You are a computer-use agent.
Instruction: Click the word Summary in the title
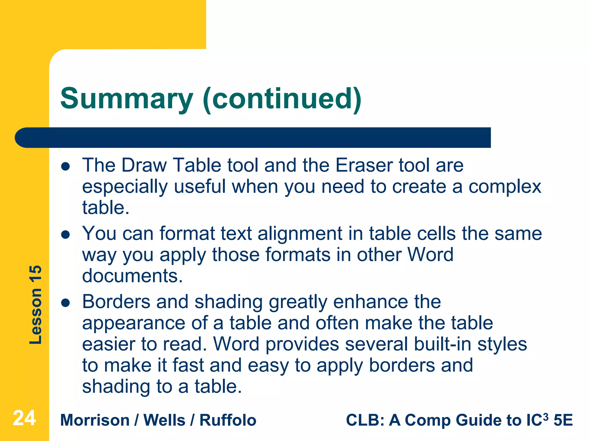click(127, 99)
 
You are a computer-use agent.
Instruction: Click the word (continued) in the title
click(282, 99)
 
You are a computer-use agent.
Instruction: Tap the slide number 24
click(24, 418)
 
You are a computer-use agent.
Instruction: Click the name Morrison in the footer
click(95, 420)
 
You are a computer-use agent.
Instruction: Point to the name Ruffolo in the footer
click(228, 420)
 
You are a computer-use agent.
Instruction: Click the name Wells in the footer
click(164, 420)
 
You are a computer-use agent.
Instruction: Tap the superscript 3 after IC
click(545, 415)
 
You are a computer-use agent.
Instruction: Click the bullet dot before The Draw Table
click(66, 167)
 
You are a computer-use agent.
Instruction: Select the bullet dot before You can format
click(66, 235)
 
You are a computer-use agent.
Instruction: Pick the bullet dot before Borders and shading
click(66, 303)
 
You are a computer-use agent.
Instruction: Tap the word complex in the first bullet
click(505, 187)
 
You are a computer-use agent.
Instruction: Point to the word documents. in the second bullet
click(133, 276)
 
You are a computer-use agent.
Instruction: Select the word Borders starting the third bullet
click(116, 302)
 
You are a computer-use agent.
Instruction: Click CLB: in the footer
click(365, 420)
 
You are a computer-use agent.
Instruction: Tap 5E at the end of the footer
click(563, 420)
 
